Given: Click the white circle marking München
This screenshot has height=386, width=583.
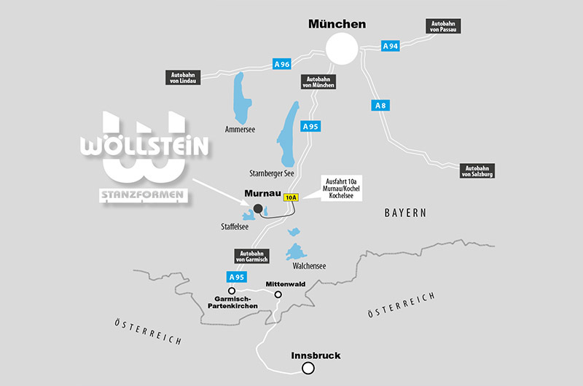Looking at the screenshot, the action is [x=342, y=50].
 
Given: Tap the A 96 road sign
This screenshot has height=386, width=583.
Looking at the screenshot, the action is [x=282, y=64].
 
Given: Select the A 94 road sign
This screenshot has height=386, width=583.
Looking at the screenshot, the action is [x=391, y=46].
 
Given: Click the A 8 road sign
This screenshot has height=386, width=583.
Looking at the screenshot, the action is [x=380, y=106].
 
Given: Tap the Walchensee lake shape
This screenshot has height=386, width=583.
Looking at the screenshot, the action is [x=296, y=252].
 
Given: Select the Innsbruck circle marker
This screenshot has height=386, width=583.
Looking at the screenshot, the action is [x=308, y=369].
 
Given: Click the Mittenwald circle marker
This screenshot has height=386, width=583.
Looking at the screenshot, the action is [x=278, y=295].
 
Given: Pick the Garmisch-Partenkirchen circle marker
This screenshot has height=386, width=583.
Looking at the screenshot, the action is [x=232, y=291].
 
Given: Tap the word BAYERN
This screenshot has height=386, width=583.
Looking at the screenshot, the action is [x=405, y=213].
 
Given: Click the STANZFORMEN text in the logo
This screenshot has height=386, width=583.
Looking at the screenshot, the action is [x=142, y=194].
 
